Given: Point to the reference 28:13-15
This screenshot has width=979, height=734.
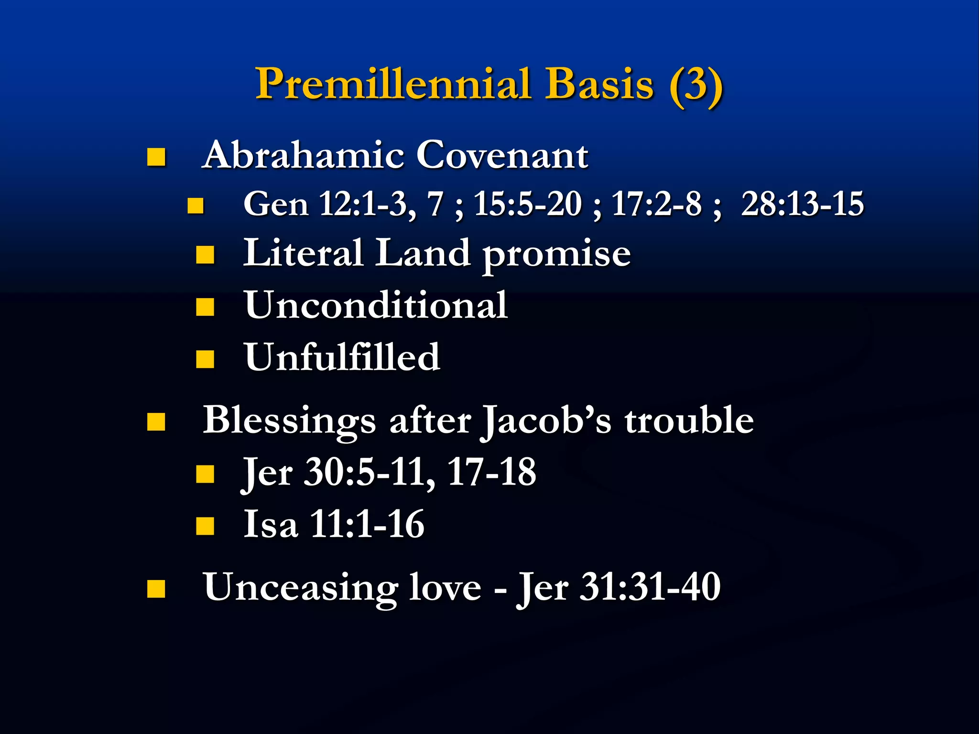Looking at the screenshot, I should [x=802, y=204].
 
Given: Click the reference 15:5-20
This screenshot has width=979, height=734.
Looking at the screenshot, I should [x=527, y=204].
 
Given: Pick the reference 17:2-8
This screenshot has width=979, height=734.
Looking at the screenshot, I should [x=656, y=204].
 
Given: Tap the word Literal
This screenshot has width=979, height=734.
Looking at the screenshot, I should [x=303, y=253].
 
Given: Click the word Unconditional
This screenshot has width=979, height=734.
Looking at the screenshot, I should [x=376, y=305].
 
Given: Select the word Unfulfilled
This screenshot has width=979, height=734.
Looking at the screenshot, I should [x=342, y=357].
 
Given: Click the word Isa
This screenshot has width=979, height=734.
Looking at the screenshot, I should [x=271, y=524].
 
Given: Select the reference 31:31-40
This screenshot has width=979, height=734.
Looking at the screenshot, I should [x=650, y=587].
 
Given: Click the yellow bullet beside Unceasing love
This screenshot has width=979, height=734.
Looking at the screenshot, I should [x=156, y=589].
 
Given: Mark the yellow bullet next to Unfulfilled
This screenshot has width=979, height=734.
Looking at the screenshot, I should [x=205, y=359].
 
